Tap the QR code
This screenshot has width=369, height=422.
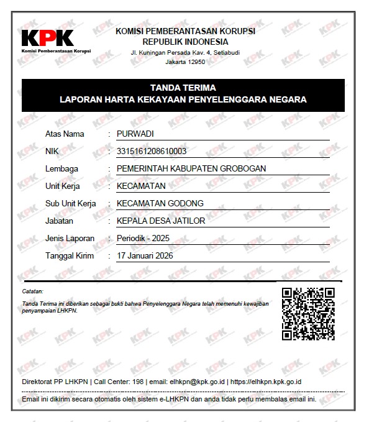[x=308, y=314]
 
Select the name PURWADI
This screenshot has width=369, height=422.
[x=135, y=134]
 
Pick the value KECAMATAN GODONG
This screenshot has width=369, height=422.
[x=160, y=203]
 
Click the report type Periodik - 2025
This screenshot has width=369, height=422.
[x=142, y=238]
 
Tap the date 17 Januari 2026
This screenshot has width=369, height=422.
[x=145, y=255]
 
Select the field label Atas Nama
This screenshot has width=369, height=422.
[x=65, y=134]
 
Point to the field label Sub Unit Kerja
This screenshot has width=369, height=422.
[x=71, y=203]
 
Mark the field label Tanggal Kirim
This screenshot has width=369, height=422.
[x=70, y=255]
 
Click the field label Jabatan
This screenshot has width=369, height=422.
[x=59, y=221]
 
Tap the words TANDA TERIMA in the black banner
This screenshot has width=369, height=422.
[x=183, y=88]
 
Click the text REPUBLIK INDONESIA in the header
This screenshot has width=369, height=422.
[x=185, y=41]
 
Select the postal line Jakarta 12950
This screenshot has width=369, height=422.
[x=185, y=62]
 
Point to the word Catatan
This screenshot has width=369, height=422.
[x=32, y=291]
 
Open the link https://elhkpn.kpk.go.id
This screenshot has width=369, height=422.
[x=266, y=382]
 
